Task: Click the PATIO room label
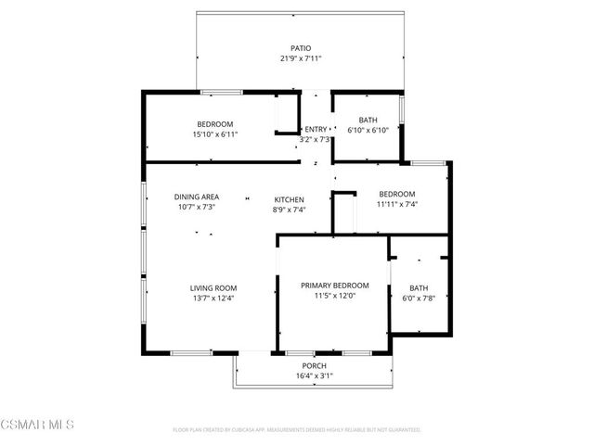(x=300, y=48)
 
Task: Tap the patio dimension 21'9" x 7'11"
(x=300, y=58)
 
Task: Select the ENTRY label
(x=316, y=129)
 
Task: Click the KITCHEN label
(x=289, y=199)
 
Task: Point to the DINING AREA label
(x=197, y=197)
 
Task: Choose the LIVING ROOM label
(x=214, y=287)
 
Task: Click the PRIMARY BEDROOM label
(x=335, y=286)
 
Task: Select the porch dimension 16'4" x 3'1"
(x=313, y=376)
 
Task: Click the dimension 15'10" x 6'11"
(x=214, y=134)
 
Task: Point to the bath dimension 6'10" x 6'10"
(x=368, y=131)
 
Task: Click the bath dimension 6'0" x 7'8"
(x=419, y=298)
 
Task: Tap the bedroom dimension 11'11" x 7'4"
(x=396, y=204)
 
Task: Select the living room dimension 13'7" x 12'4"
(x=214, y=298)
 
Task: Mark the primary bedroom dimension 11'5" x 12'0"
(x=335, y=296)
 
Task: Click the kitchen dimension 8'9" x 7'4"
(x=289, y=210)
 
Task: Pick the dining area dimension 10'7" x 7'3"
(x=197, y=207)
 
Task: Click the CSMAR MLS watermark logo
(x=38, y=425)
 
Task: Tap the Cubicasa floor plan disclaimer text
(x=297, y=430)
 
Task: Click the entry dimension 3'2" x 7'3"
(x=316, y=139)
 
